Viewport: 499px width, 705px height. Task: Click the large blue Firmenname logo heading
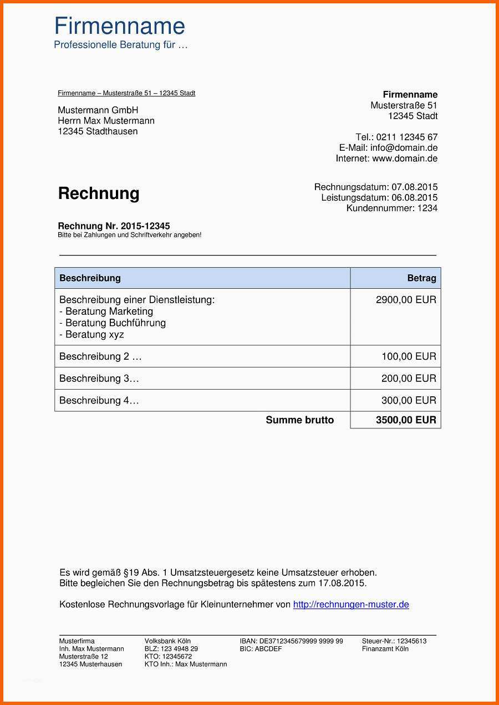click(x=119, y=26)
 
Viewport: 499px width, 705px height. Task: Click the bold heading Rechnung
click(x=99, y=193)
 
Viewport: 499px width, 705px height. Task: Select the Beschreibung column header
click(x=90, y=278)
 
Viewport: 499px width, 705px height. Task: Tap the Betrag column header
click(x=421, y=278)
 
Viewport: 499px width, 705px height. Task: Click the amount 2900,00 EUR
click(x=406, y=300)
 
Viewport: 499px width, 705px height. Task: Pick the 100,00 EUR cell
click(x=409, y=356)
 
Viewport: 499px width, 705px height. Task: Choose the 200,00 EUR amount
click(x=409, y=379)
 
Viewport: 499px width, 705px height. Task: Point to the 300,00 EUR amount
click(x=409, y=400)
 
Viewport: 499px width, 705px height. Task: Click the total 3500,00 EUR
click(x=406, y=420)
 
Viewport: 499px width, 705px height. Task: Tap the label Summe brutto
click(x=299, y=420)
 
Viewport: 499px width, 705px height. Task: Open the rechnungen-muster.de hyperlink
click(x=351, y=605)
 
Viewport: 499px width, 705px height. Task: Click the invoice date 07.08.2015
click(x=414, y=187)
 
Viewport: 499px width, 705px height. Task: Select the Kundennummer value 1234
click(x=427, y=208)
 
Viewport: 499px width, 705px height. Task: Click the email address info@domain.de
click(x=404, y=148)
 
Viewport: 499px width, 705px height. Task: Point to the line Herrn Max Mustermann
click(x=106, y=121)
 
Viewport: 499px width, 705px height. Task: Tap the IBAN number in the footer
click(x=301, y=641)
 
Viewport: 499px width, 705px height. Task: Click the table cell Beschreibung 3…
click(x=99, y=379)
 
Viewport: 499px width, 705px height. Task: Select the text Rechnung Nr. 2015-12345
click(x=114, y=226)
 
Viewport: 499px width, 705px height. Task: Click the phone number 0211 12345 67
click(x=407, y=137)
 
